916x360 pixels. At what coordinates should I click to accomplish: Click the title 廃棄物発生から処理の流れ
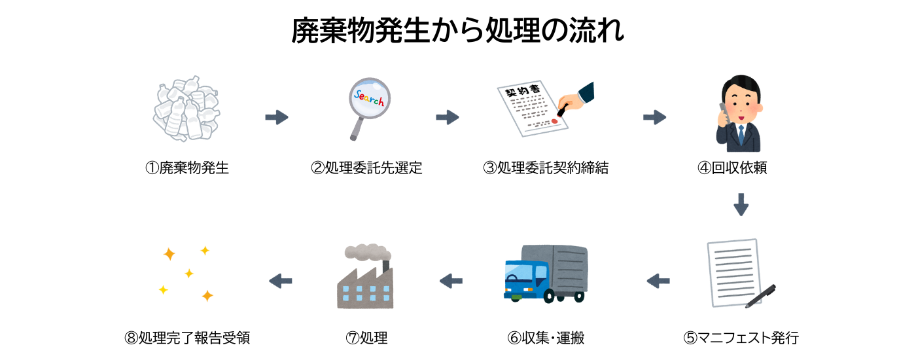[x=457, y=31]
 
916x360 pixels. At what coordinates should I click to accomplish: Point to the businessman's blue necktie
[x=741, y=135]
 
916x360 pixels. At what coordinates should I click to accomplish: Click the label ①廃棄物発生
[x=186, y=168]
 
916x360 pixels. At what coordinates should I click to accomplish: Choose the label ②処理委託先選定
[x=366, y=168]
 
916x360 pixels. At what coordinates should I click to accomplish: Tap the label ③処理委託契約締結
[x=546, y=168]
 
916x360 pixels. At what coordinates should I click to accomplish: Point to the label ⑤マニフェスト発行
[x=741, y=338]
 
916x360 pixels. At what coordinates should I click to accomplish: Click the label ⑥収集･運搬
[x=546, y=338]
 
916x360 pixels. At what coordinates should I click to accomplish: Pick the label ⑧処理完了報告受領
[x=186, y=338]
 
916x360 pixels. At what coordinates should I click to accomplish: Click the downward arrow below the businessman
[x=741, y=204]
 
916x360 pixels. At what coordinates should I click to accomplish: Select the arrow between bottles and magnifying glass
[x=277, y=118]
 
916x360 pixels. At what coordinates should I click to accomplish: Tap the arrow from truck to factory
[x=451, y=281]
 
